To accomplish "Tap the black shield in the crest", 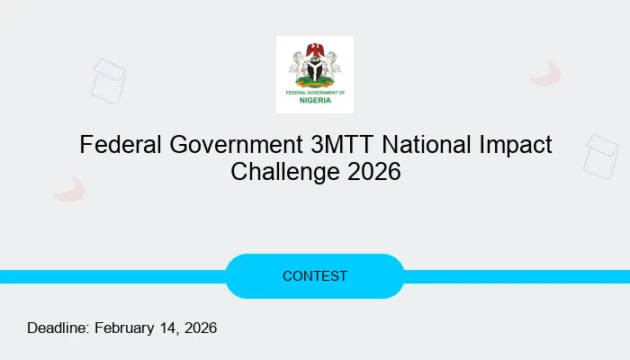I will (315, 69).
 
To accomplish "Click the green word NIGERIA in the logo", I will (315, 101).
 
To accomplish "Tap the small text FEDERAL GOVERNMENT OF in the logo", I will (315, 92).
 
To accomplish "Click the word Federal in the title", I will (114, 144).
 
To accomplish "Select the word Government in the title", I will (223, 144).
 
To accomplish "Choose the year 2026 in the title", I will (372, 171).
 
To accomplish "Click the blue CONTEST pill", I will (315, 276).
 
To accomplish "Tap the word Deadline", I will (58, 328).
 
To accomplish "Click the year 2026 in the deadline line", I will (201, 328).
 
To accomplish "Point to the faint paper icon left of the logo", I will (108, 80).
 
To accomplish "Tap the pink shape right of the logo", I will (546, 74).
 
